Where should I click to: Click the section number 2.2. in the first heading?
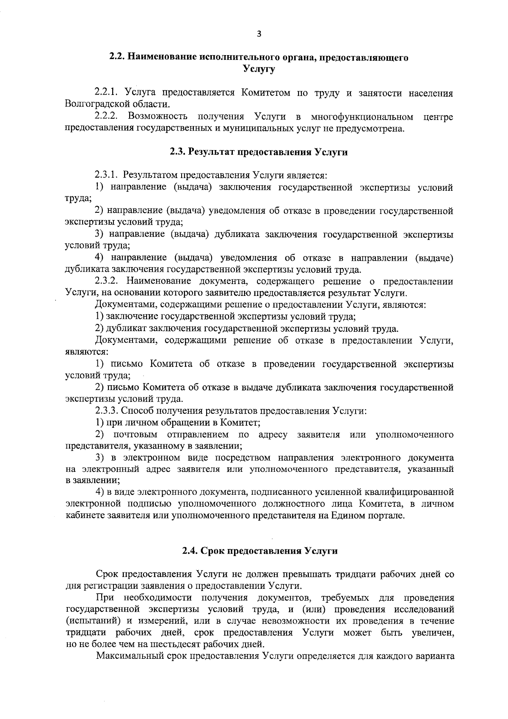tap(118, 58)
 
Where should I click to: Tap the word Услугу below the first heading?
tap(259, 69)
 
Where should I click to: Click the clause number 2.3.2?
tap(109, 281)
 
